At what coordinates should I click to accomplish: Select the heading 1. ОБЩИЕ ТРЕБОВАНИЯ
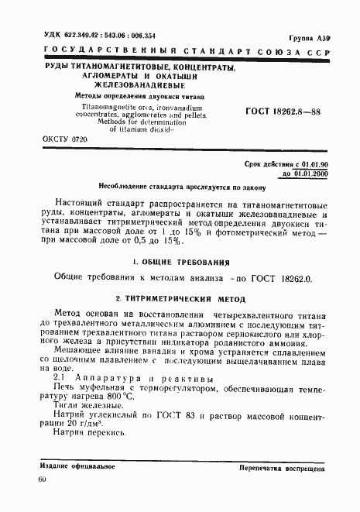(180, 263)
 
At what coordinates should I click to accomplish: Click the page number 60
(42, 480)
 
